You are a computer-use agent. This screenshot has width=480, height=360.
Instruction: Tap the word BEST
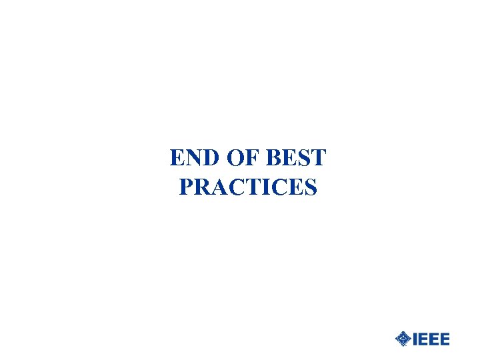297,159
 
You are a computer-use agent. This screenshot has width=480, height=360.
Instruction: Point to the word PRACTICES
248,187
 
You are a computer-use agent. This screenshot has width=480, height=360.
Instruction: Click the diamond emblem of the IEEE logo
403,339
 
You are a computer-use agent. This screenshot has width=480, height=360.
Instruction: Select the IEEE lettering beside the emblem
431,339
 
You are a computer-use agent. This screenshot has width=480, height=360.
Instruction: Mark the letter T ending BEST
318,159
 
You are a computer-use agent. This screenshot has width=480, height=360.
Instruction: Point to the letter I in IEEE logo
415,339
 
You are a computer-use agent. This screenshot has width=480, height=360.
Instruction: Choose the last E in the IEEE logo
445,339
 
